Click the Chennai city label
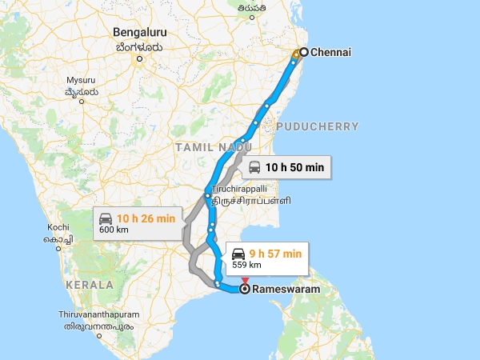pos(331,53)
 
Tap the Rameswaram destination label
pos(286,290)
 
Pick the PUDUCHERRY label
pos(317,126)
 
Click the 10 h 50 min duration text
pos(295,167)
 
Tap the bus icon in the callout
pos(254,167)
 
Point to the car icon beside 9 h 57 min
pos(238,254)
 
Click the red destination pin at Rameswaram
pos(245,281)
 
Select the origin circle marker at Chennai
pos(304,52)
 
